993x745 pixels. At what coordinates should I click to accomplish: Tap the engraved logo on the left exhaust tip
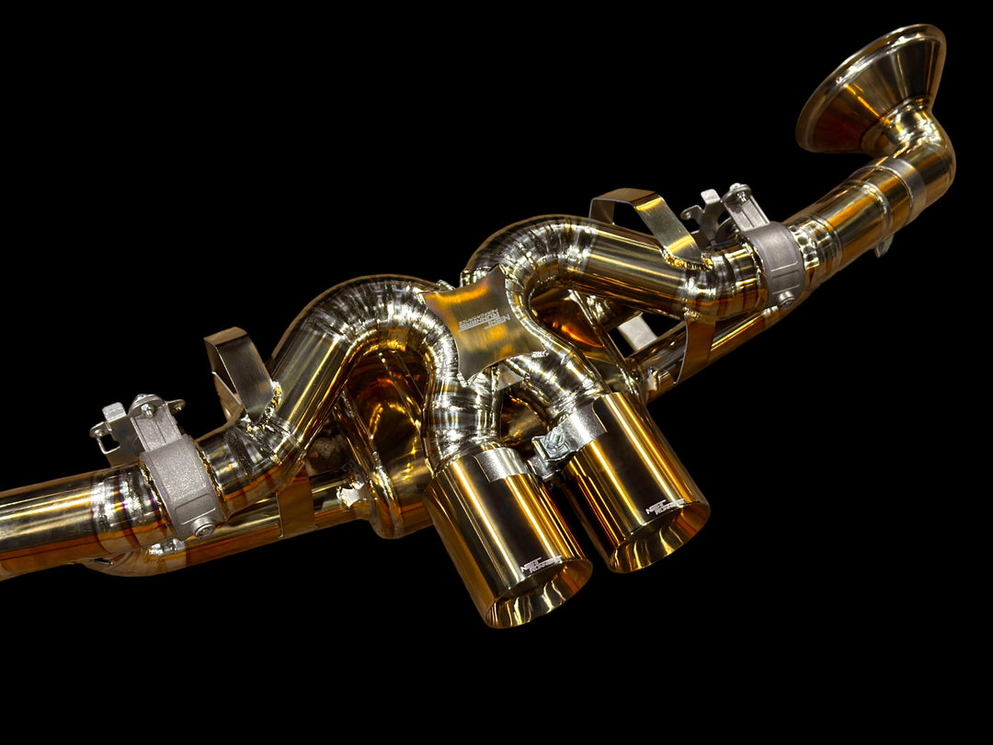542,565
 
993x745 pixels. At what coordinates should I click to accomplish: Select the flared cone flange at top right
870,86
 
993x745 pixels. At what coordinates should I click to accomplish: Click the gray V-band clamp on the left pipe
180,482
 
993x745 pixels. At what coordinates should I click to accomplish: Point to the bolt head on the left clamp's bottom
203,528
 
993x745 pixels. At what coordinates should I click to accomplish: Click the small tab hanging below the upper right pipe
884,246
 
